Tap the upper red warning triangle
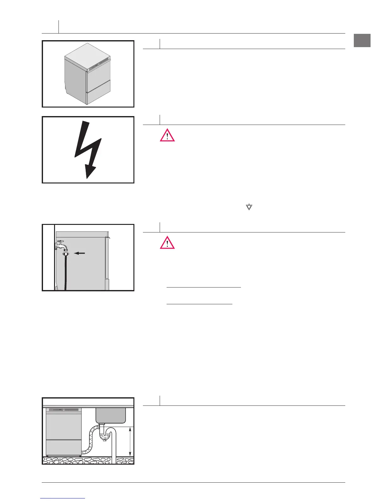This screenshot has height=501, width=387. coord(167,136)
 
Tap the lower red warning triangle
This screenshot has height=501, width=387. coord(167,243)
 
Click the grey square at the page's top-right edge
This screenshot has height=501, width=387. coord(362,40)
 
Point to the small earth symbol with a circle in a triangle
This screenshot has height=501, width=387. coord(249,207)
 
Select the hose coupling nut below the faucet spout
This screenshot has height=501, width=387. coord(66,254)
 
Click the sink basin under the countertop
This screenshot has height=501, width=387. coord(111,415)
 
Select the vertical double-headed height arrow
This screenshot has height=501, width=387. coord(130,442)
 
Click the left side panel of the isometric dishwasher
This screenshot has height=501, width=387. coord(75,79)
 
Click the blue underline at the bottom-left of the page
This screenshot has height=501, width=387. coord(63,498)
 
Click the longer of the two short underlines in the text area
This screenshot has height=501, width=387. coord(204,287)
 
